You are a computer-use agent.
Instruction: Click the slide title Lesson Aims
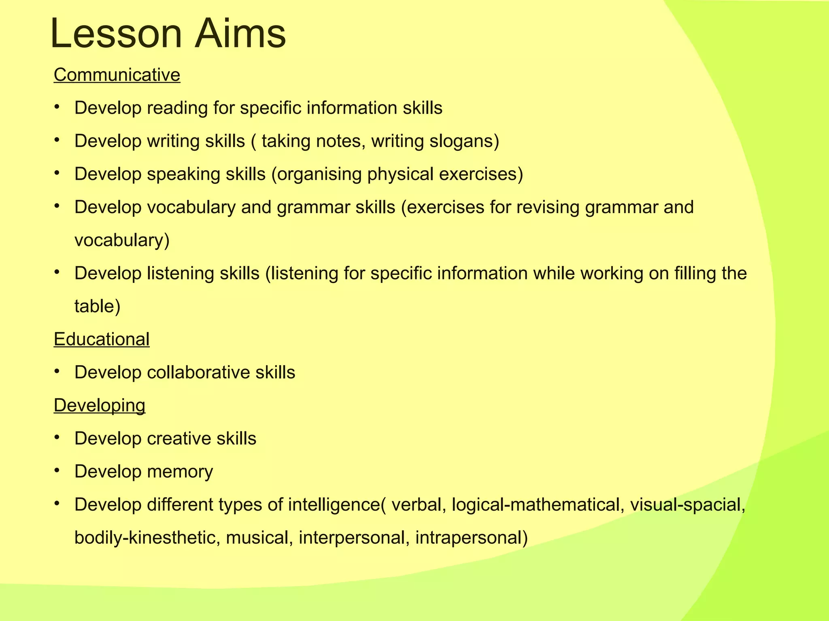coord(168,34)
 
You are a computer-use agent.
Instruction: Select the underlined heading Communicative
coord(117,75)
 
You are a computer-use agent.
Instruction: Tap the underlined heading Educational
coord(102,339)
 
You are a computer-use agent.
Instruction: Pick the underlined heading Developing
coord(99,406)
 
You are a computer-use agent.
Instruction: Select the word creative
coord(179,439)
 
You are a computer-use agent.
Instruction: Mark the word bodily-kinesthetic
coord(147,538)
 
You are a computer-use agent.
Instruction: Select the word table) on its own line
coord(98,306)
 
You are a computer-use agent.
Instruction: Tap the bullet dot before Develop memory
coord(57,470)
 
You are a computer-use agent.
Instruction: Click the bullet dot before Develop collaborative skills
coord(57,371)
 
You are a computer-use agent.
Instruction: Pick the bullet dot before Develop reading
coord(57,106)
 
